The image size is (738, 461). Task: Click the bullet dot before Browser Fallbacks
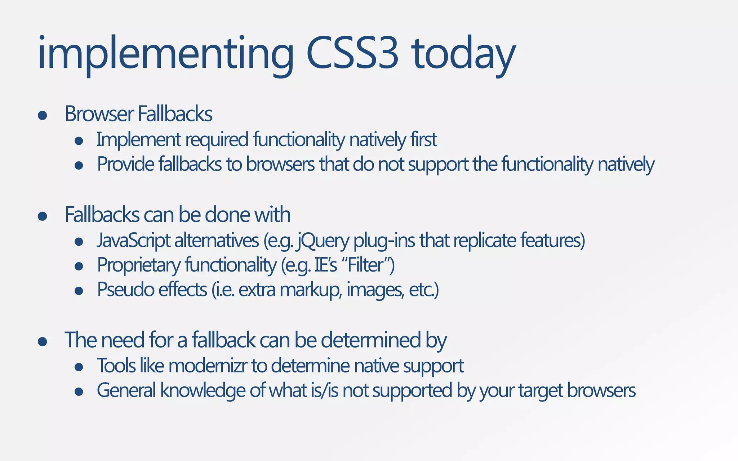pos(43,115)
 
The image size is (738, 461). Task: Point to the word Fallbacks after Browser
pos(175,114)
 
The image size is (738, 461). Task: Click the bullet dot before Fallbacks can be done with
pos(43,216)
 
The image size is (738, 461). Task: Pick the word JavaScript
pos(133,241)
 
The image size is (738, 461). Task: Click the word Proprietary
pos(139,265)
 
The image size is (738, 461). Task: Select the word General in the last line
pos(126,390)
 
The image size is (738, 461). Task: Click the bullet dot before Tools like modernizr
pos(79,367)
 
